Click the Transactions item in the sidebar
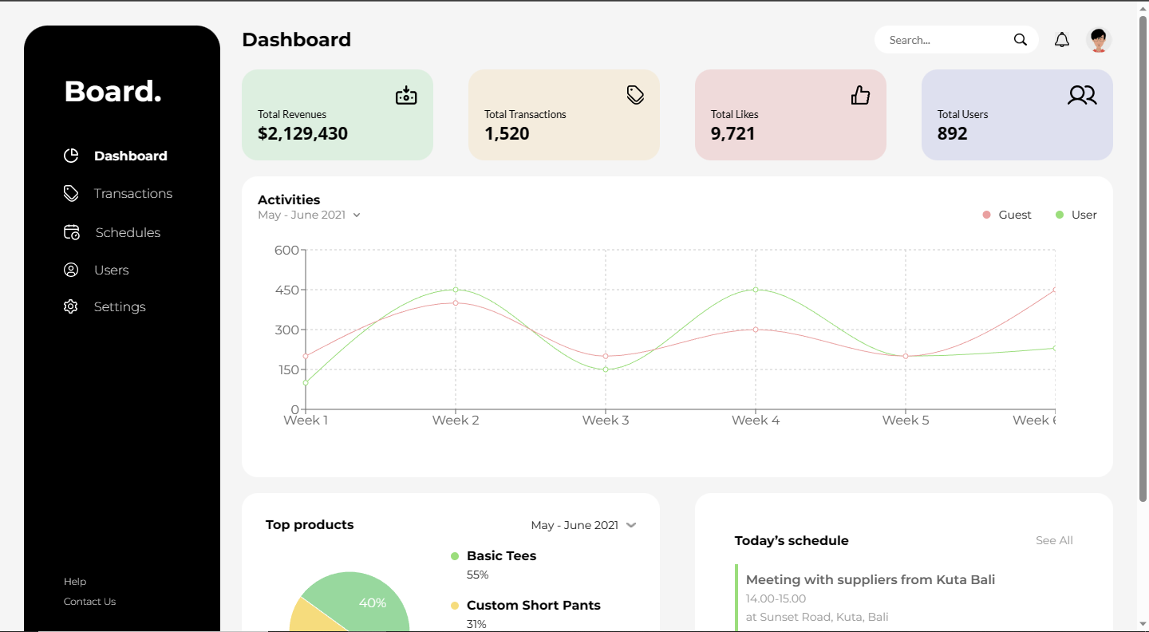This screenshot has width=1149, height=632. pyautogui.click(x=132, y=194)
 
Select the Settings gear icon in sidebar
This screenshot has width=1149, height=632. pyautogui.click(x=71, y=307)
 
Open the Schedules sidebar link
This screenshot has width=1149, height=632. pyautogui.click(x=128, y=233)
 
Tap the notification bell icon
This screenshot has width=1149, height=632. pyautogui.click(x=1062, y=40)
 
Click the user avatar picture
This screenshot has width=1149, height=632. pyautogui.click(x=1099, y=40)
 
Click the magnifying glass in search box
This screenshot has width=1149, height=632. pyautogui.click(x=1020, y=40)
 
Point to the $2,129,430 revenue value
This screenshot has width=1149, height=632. pyautogui.click(x=302, y=134)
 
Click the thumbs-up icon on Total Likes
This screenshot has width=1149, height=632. pyautogui.click(x=860, y=96)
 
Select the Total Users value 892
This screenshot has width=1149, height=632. pyautogui.click(x=952, y=134)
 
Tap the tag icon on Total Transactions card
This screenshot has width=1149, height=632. pyautogui.click(x=635, y=95)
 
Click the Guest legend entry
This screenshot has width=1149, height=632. pyautogui.click(x=1007, y=215)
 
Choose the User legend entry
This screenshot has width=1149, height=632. pyautogui.click(x=1076, y=215)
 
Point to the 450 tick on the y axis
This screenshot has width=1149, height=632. pyautogui.click(x=286, y=290)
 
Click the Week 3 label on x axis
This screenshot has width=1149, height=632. pyautogui.click(x=606, y=421)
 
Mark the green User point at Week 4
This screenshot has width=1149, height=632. pyautogui.click(x=756, y=290)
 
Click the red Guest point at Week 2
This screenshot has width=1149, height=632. pyautogui.click(x=456, y=303)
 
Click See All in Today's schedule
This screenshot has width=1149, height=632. pyautogui.click(x=1054, y=541)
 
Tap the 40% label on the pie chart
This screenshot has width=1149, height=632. pyautogui.click(x=373, y=603)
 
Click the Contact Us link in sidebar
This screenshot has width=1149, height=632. pyautogui.click(x=89, y=602)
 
